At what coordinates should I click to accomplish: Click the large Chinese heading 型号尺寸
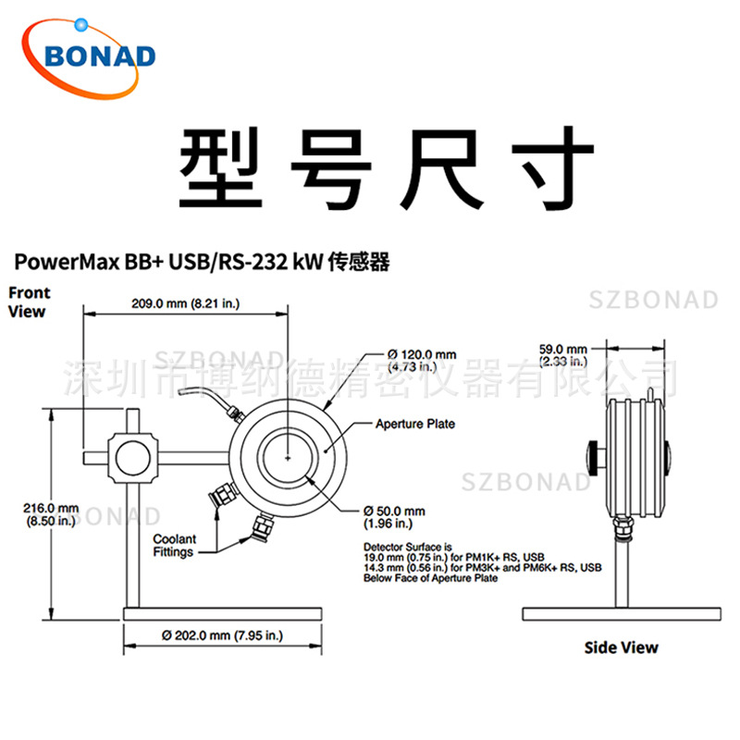tap(386, 169)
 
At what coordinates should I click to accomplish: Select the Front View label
tap(30, 302)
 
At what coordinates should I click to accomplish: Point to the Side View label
tap(621, 647)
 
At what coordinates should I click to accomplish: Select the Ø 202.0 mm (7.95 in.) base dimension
tap(222, 635)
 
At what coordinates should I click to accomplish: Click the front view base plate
tap(223, 613)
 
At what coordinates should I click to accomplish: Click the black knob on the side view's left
tap(591, 457)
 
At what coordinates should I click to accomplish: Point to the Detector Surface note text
tap(482, 561)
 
